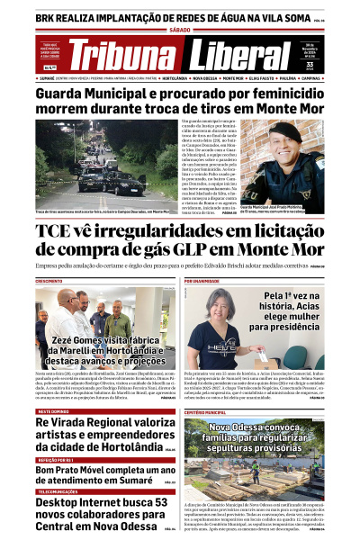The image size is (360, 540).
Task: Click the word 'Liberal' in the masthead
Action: click(235, 55)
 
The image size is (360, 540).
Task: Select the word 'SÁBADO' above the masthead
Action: click(180, 31)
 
